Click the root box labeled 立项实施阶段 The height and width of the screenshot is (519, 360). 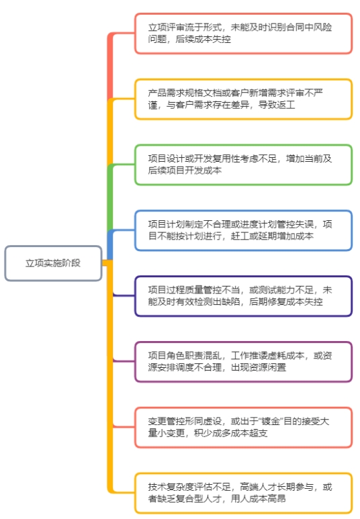(53, 263)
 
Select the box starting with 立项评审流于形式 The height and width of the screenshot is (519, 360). (243, 33)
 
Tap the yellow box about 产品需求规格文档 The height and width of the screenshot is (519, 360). (243, 99)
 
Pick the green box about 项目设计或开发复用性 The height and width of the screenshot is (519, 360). (243, 164)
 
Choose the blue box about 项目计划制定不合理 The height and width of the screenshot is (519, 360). (243, 230)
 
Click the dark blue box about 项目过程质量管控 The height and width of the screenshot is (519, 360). (243, 296)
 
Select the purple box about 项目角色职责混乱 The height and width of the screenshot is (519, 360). (243, 362)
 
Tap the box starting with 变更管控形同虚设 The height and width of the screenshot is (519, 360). (243, 427)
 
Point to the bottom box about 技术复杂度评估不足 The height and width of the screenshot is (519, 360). (243, 493)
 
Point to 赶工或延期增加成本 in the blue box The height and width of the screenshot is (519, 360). (272, 236)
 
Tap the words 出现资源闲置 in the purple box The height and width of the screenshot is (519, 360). (259, 367)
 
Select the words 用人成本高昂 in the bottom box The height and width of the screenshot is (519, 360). (259, 499)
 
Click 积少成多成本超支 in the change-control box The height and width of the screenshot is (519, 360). (231, 433)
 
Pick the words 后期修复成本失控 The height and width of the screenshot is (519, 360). (286, 301)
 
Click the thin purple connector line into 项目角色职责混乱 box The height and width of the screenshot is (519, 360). (124, 361)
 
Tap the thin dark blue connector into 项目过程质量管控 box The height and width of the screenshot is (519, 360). (124, 295)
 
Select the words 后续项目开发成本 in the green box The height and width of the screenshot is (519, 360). (185, 171)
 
